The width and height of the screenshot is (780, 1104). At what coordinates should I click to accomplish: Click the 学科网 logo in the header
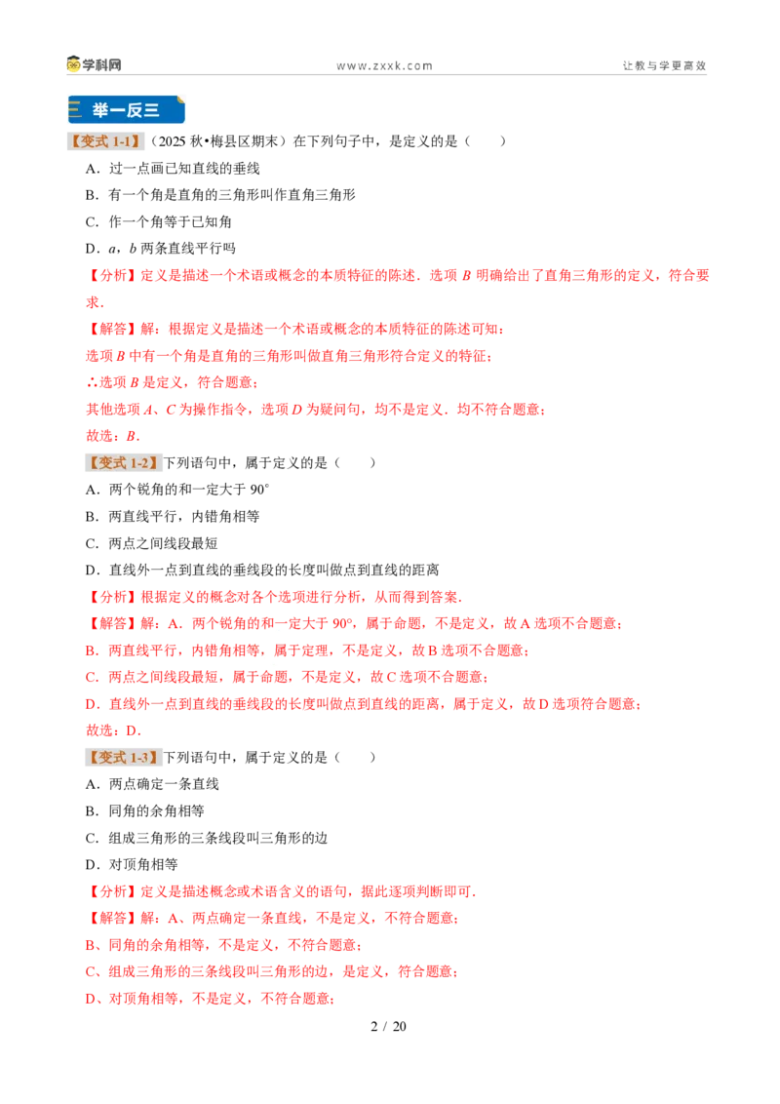point(94,64)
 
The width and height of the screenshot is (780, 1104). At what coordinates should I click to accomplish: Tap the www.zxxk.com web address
point(384,66)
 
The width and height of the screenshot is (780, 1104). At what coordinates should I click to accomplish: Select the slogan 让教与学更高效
point(664,65)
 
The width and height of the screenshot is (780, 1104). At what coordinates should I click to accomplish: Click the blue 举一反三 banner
point(126,110)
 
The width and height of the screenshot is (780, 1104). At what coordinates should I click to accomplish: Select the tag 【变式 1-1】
point(105,141)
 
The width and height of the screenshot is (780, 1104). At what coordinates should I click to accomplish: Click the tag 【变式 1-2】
point(123,462)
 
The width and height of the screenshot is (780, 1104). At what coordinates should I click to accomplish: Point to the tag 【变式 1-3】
point(123,758)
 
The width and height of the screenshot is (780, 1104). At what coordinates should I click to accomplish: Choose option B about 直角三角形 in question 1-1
point(220,195)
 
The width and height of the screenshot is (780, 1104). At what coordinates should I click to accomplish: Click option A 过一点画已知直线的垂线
point(173,169)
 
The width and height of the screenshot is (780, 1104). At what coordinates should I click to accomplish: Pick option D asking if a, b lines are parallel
point(161,249)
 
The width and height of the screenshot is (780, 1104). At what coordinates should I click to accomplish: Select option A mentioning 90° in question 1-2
point(177,490)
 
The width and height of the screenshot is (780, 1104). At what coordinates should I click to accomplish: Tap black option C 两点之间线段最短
point(151,543)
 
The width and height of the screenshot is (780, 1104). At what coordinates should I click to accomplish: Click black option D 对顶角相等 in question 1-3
point(132,865)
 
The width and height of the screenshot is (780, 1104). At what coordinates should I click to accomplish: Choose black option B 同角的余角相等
point(145,811)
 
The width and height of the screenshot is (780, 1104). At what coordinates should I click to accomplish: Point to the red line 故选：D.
point(113,730)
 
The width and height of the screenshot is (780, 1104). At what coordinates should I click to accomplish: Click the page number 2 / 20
point(389,1027)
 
